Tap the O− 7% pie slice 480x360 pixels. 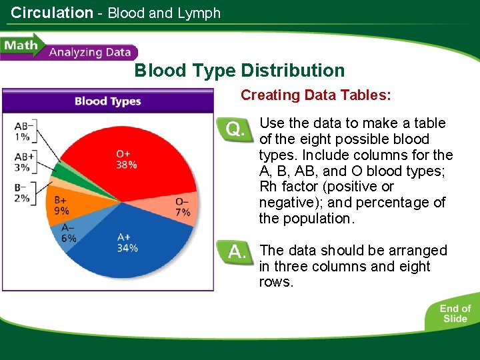coord(182,207)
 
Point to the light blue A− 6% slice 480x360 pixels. coord(69,233)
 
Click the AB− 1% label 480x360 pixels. coord(23,131)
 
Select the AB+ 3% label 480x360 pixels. coord(23,162)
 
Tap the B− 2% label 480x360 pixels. coord(22,192)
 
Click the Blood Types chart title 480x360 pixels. coord(107,101)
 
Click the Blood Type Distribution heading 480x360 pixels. coord(239,71)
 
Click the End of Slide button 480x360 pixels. coord(455,313)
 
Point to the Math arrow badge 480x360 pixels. coord(21,46)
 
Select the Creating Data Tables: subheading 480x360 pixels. coord(315,95)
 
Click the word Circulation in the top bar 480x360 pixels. coord(52,12)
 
